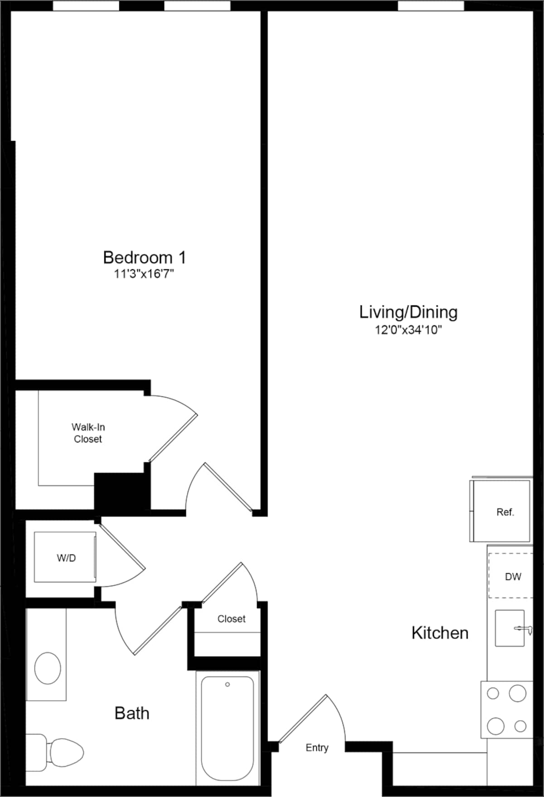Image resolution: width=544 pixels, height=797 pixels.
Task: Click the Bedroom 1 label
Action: [144, 257]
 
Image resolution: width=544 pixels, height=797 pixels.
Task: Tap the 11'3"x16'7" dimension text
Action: [144, 274]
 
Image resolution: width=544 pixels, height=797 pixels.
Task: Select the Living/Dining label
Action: [408, 312]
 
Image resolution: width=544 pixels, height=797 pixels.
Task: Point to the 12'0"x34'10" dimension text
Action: [408, 330]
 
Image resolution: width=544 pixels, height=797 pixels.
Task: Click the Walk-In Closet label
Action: [88, 433]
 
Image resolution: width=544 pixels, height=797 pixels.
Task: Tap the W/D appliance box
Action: [65, 557]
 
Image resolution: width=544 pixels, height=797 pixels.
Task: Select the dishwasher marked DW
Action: [511, 576]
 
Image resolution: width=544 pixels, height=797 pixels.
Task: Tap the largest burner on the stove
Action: [518, 693]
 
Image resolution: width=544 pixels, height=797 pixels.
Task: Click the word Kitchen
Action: [440, 633]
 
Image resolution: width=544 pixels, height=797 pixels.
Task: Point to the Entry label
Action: [316, 748]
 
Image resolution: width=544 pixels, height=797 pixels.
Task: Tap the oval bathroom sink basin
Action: [48, 668]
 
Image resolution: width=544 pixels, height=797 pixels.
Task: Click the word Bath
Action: [131, 713]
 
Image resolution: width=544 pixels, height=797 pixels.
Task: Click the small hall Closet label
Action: [231, 619]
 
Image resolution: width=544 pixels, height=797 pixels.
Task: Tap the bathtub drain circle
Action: [228, 685]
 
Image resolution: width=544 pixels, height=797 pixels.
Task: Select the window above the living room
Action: [431, 6]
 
